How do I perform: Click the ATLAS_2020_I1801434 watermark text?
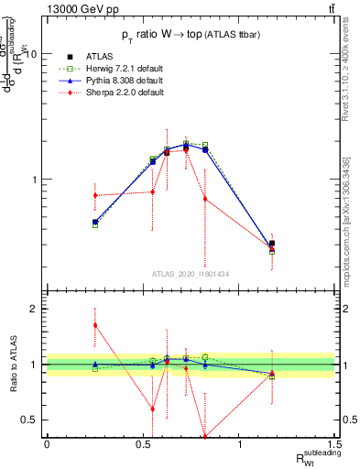click(x=190, y=273)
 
